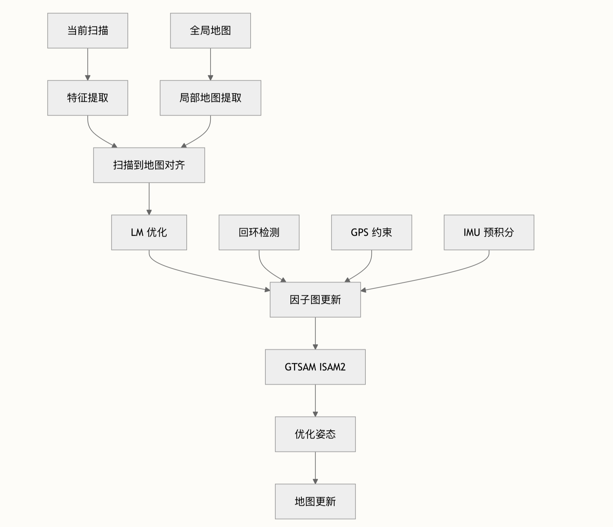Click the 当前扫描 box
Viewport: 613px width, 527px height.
coord(88,31)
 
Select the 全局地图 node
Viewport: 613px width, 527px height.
coord(210,31)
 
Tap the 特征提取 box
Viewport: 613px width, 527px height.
coord(88,98)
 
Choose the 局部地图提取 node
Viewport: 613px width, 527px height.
coord(210,98)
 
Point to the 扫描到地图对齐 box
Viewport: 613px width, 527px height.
coord(149,165)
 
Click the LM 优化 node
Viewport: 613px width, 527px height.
coord(149,232)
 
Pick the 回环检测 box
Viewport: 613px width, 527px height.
coord(259,232)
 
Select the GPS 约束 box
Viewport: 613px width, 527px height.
coord(371,232)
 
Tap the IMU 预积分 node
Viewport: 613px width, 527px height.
coord(489,232)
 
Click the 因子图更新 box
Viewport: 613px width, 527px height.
coord(315,300)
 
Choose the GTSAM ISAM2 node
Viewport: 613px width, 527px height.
coord(315,367)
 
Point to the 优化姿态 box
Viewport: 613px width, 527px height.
coord(315,434)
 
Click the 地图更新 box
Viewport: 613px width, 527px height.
coord(315,501)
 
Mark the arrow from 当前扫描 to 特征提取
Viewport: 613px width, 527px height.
coord(88,64)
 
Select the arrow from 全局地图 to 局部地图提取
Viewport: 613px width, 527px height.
coord(210,64)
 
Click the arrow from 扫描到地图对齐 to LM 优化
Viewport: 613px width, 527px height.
coord(149,199)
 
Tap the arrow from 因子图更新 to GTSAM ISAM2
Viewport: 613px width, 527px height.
coord(315,333)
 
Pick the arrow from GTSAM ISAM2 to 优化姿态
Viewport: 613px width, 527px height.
coord(315,400)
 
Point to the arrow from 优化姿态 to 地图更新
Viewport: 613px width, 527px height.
coord(315,468)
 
